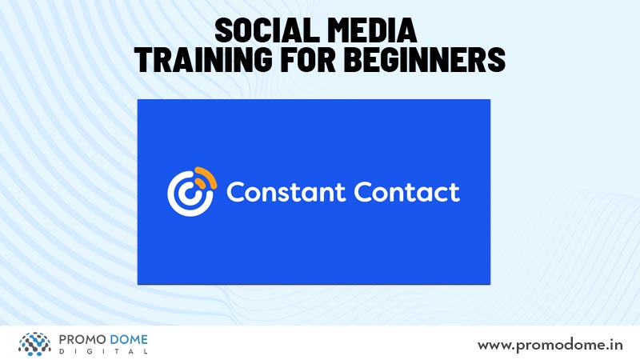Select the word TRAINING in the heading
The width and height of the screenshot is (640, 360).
203,59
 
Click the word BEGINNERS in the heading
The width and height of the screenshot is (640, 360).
425,59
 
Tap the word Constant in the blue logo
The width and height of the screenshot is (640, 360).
286,192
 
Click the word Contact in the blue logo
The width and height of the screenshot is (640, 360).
406,192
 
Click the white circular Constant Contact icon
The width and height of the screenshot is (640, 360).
190,194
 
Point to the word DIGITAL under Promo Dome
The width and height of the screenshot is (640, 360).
103,351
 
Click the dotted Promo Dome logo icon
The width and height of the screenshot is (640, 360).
34,344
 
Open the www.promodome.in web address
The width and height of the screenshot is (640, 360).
550,346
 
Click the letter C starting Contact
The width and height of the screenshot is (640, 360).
362,192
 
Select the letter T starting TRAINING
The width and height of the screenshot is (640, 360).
142,59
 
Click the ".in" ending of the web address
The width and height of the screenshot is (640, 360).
614,346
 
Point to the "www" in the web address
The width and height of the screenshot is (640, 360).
494,346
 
